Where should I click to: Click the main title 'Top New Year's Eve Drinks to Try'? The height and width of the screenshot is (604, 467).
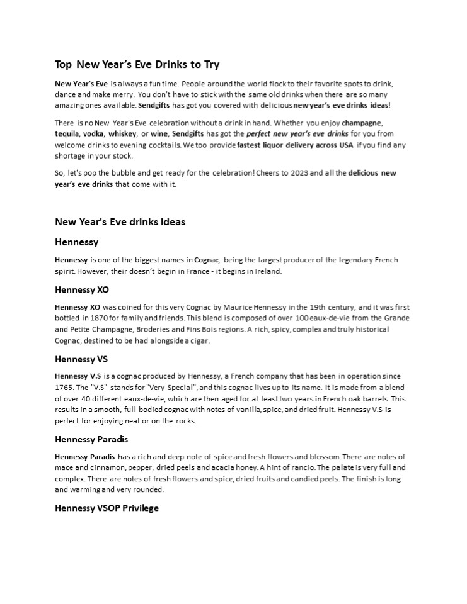pyautogui.click(x=137, y=64)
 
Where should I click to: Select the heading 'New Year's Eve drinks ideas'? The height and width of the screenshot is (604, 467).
pyautogui.click(x=120, y=221)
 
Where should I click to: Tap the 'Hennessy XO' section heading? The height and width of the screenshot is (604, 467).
pyautogui.click(x=82, y=290)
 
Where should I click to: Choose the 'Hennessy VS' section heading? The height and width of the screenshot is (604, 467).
pyautogui.click(x=81, y=359)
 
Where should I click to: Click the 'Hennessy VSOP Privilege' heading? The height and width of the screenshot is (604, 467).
pyautogui.click(x=107, y=508)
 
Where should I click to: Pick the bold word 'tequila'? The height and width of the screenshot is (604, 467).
pyautogui.click(x=66, y=134)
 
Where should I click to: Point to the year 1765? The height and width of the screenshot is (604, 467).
pyautogui.click(x=65, y=388)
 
